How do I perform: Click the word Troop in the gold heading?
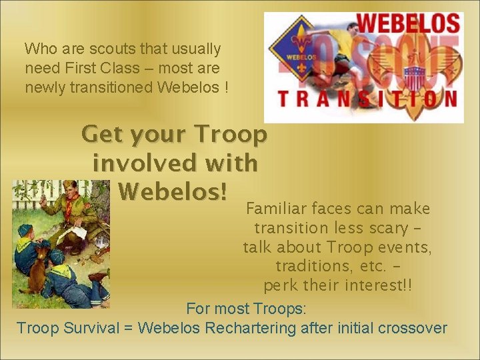[229, 134]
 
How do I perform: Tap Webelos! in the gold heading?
[173, 191]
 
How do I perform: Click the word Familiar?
[276, 209]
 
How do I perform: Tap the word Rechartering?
[251, 328]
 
